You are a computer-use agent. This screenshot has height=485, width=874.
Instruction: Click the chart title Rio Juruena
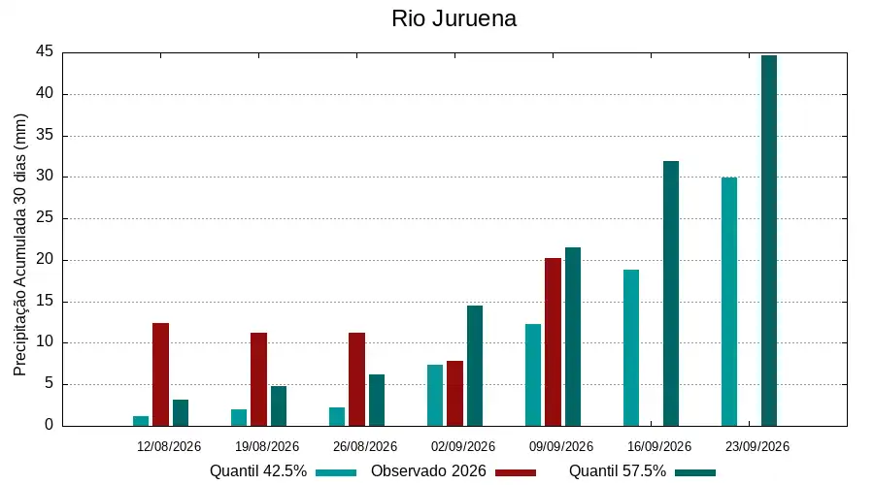point(454,18)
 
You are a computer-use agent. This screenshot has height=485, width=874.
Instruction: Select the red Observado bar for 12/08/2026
point(160,374)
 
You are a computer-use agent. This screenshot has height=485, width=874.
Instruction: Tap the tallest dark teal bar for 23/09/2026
point(769,241)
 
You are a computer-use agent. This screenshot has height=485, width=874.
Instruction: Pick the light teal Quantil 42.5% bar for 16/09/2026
point(631,348)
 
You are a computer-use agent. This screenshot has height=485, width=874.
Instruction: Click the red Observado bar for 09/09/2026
point(553,341)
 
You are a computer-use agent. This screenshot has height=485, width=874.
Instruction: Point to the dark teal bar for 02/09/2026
point(475,366)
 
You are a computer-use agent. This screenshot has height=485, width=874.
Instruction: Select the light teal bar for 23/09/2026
point(729,302)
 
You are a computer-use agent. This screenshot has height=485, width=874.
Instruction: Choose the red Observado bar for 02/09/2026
point(454,394)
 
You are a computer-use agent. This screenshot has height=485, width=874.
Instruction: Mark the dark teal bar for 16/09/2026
point(671,294)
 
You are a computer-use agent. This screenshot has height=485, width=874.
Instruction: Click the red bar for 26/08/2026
point(356,379)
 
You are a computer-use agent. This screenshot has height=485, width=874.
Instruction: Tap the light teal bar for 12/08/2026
point(141,421)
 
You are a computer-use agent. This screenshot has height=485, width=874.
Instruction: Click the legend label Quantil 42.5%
point(258,471)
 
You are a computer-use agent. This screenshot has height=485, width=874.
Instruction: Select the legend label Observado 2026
point(428,471)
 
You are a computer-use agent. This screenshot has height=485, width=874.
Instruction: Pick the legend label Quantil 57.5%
point(618,471)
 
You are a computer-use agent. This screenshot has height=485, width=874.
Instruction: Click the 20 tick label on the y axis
point(45,260)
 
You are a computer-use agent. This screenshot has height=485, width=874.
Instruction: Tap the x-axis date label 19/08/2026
point(267,446)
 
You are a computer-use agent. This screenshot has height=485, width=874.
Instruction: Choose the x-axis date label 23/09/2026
point(757,446)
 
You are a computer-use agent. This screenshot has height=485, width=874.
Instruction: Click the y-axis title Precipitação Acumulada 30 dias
point(20,245)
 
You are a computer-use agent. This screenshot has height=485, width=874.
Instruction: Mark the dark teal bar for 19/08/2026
point(279,405)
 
